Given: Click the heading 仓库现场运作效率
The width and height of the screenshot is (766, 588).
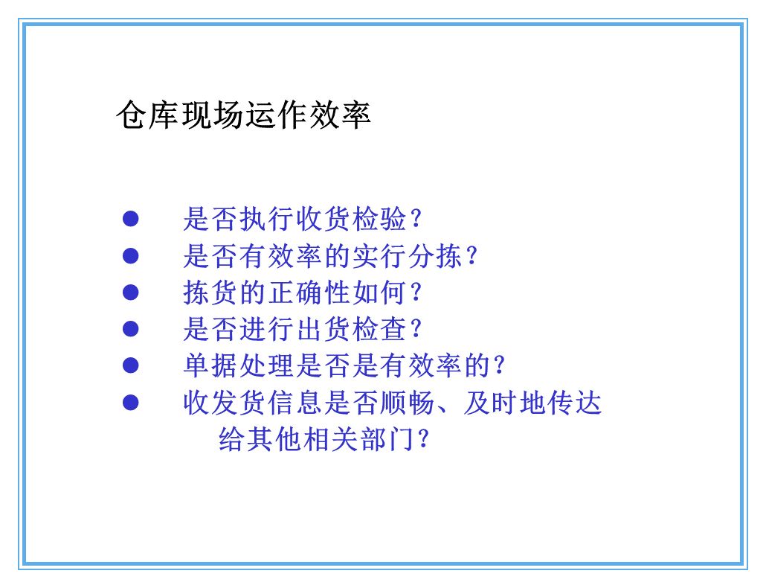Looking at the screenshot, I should point(243,117).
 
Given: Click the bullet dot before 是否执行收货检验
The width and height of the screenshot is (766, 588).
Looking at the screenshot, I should point(131,219).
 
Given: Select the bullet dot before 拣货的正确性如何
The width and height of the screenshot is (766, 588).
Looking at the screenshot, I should point(131,293).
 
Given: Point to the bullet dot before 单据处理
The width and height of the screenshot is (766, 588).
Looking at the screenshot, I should point(131,365).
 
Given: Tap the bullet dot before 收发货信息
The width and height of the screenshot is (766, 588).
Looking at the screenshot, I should point(131,403).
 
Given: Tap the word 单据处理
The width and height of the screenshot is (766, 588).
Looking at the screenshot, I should point(239,366).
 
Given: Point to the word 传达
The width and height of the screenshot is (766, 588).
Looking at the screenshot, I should point(574,403).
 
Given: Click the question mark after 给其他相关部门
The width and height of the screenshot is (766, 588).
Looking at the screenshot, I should point(424,439).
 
